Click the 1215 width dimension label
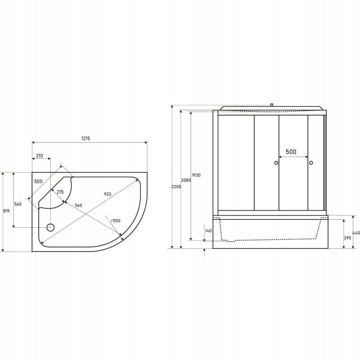coord(85,138)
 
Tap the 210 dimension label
coord(40,156)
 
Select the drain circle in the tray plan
coord(50,228)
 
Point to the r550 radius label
coord(116,220)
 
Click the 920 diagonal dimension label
coord(108,194)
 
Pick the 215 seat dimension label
coord(60,192)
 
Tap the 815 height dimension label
coord(6,211)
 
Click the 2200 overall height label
coord(176,187)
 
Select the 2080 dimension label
coord(186,180)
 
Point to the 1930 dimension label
coord(196,175)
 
